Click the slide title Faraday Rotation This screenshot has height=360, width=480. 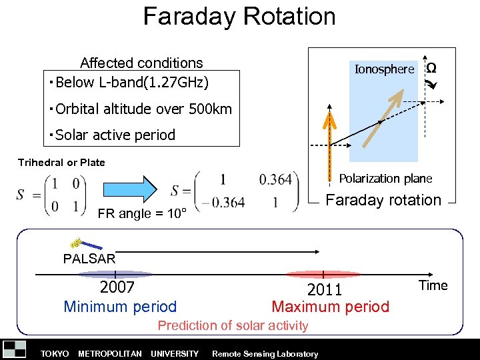(239, 16)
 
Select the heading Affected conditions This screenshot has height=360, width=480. (141, 63)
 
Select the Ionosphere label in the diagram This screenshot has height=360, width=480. (384, 69)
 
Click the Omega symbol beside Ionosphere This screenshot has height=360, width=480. (431, 68)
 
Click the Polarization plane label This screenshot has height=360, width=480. (385, 179)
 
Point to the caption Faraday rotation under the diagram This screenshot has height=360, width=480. (383, 200)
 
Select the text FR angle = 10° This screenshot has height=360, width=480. (141, 214)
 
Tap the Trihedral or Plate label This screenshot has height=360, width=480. (61, 163)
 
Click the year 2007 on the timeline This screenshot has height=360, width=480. (117, 287)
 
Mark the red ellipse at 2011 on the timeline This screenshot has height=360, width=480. (323, 274)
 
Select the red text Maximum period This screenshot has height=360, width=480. (330, 307)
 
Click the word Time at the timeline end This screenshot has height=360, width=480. (433, 285)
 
